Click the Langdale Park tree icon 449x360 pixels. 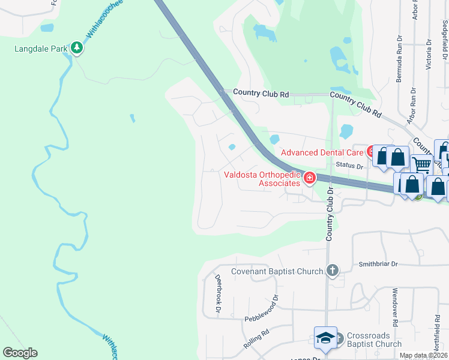coord(76,47)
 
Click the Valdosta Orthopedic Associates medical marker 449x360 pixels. coord(309,177)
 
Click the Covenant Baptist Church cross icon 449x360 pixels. coord(332,271)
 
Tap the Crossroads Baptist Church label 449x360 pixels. coord(373,340)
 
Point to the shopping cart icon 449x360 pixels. coord(423,163)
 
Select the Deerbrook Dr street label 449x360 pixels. coord(219,293)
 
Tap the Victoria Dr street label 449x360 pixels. coord(428,53)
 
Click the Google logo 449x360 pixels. coord(20,353)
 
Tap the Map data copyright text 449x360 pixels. coord(423,356)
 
